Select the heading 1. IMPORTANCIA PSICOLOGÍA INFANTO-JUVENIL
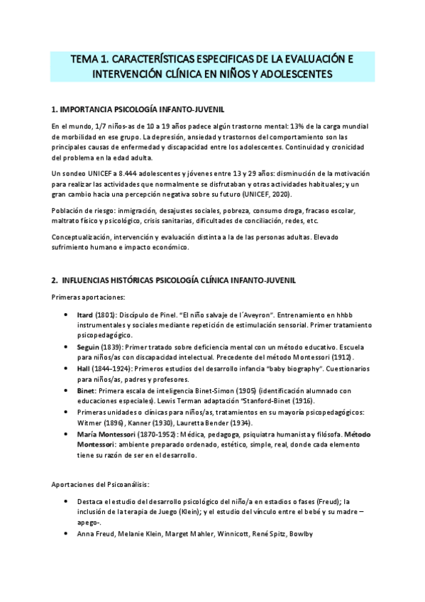(138, 110)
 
